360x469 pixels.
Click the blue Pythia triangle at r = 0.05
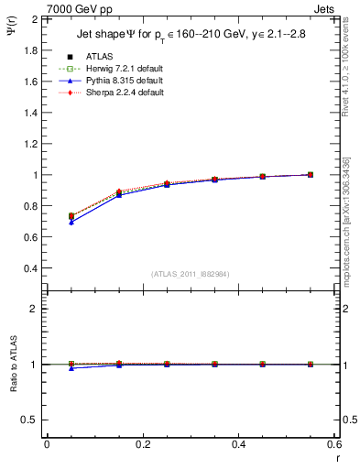tap(71, 223)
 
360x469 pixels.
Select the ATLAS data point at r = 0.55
tap(311, 174)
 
